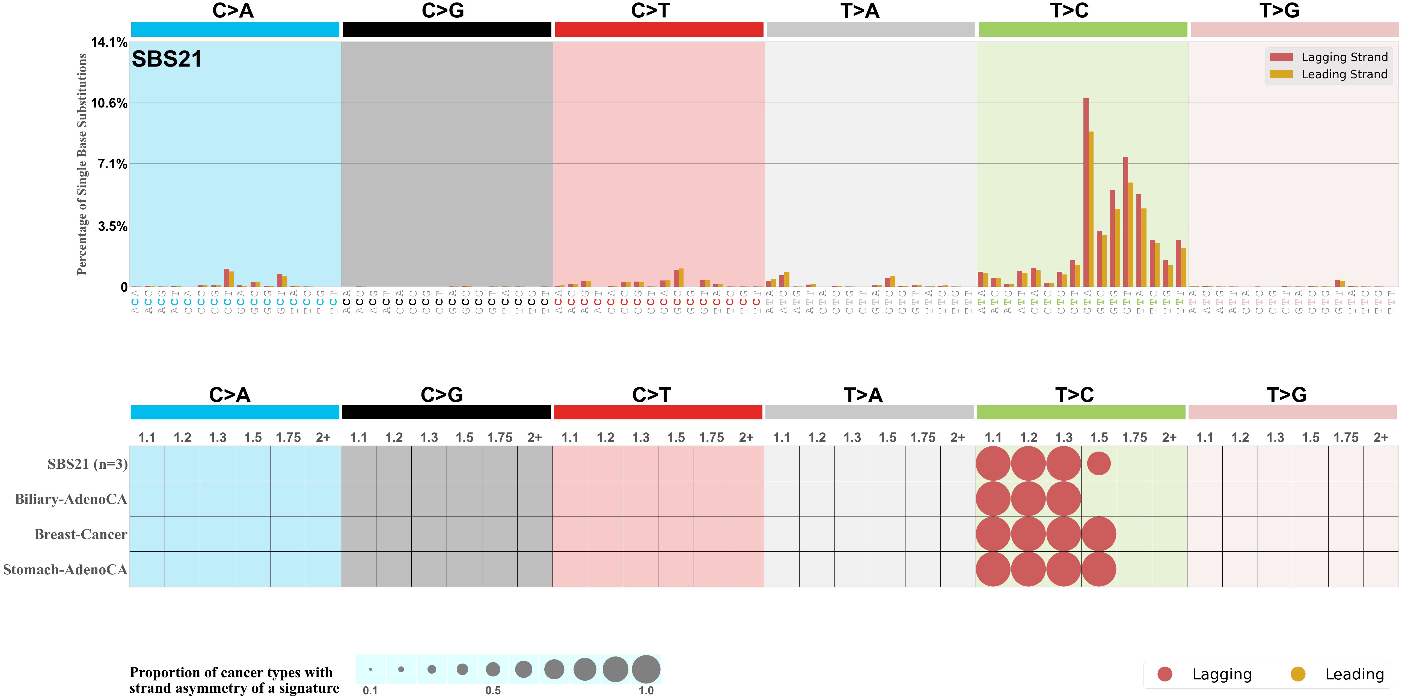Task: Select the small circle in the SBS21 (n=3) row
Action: tap(1099, 464)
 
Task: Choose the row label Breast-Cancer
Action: tap(81, 534)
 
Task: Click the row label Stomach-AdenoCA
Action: tap(65, 569)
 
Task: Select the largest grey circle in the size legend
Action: tap(646, 669)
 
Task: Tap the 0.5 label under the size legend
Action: tap(493, 690)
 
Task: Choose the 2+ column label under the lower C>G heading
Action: tap(534, 437)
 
